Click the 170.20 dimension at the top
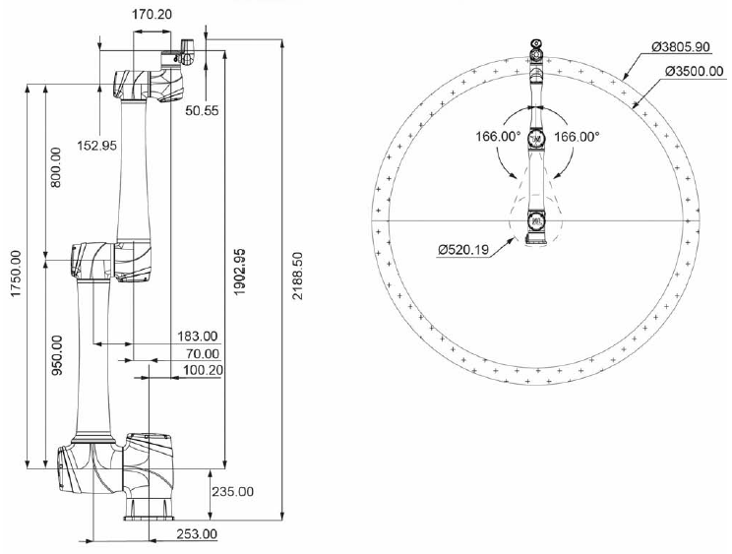tap(152, 16)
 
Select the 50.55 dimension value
tap(203, 110)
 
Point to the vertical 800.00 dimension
tap(56, 167)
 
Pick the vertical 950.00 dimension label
tap(56, 356)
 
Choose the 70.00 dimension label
tap(203, 353)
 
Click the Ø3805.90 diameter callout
tap(673, 47)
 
